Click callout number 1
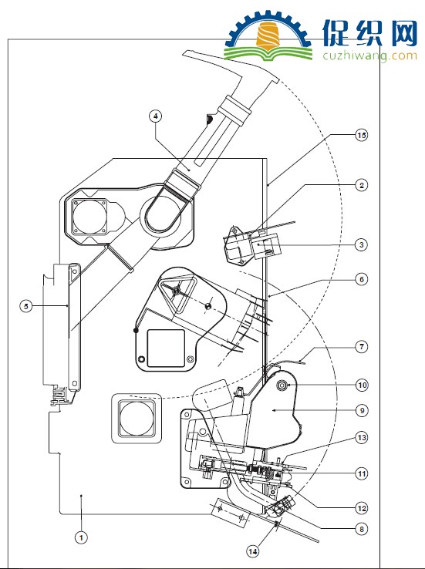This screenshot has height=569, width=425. pyautogui.click(x=81, y=537)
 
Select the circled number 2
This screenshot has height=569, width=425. pyautogui.click(x=361, y=185)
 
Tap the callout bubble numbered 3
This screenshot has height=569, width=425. pyautogui.click(x=361, y=244)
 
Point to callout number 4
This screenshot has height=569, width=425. pyautogui.click(x=155, y=116)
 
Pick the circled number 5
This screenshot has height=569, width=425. pyautogui.click(x=25, y=306)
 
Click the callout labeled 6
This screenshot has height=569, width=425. pyautogui.click(x=361, y=279)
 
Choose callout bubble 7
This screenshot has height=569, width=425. pyautogui.click(x=361, y=347)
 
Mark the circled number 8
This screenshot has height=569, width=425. pyautogui.click(x=361, y=529)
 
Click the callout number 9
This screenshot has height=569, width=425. pyautogui.click(x=362, y=411)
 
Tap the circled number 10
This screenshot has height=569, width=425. pyautogui.click(x=362, y=385)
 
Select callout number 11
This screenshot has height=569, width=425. pyautogui.click(x=362, y=473)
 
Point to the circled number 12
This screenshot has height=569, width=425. pyautogui.click(x=362, y=508)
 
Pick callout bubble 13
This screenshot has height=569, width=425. pyautogui.click(x=362, y=438)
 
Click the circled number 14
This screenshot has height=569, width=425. pyautogui.click(x=253, y=551)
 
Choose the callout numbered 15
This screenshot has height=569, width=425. pyautogui.click(x=361, y=136)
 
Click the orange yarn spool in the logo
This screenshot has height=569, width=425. pyautogui.click(x=268, y=36)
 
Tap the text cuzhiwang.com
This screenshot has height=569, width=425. pyautogui.click(x=369, y=56)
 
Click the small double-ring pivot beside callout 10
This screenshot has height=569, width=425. pyautogui.click(x=282, y=386)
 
